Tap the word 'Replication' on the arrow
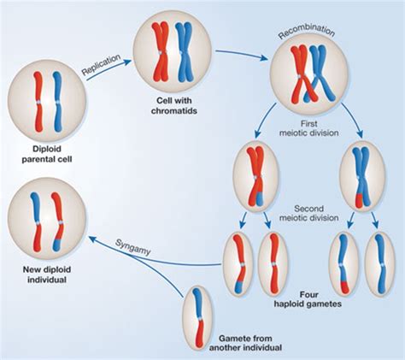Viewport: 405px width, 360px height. [102, 68]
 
